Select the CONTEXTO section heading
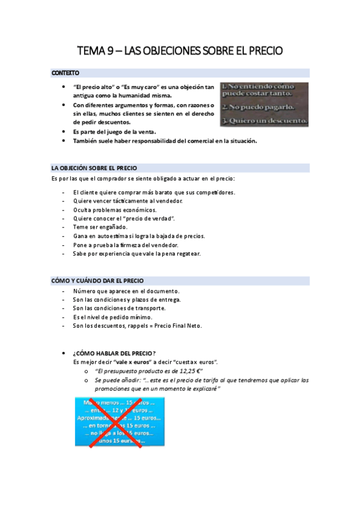66,73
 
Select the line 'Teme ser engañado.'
100,227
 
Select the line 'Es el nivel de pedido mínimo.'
112,317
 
